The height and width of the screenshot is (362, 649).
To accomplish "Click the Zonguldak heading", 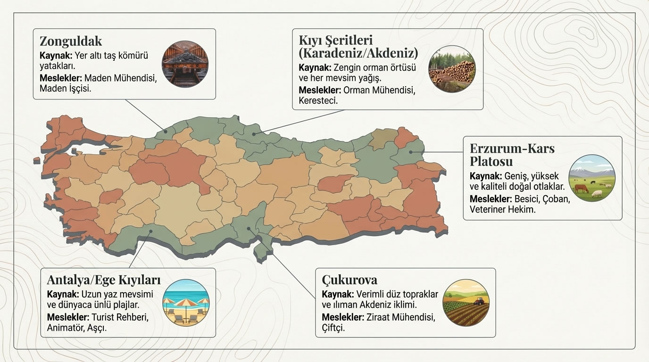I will tap(71, 41).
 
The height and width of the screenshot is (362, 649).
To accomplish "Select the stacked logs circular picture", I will tap(451, 69).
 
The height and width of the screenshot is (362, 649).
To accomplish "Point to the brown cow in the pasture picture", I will tap(581, 189).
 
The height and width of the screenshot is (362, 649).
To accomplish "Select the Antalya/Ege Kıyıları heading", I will tap(104, 280).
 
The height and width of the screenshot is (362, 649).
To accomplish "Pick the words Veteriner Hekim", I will tap(503, 210).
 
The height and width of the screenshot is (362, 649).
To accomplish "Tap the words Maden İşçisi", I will tap(65, 89).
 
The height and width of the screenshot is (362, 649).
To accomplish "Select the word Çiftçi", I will tap(333, 328).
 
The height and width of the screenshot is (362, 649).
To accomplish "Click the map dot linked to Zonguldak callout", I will tap(166, 132).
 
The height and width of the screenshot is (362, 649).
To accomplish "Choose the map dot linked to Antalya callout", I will tap(150, 231).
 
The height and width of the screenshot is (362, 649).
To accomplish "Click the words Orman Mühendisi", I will tap(379, 90).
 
